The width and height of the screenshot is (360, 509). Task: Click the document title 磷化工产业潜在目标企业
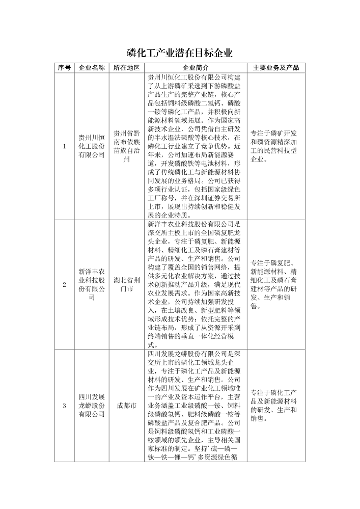point(180,53)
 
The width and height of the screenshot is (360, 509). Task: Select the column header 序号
point(64,68)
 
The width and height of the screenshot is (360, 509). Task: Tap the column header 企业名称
point(92,68)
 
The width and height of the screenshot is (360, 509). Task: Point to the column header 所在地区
point(126,68)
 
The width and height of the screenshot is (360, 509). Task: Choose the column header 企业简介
point(195,68)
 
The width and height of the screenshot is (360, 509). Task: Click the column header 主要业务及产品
point(276,68)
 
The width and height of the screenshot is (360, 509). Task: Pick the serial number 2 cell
point(64,284)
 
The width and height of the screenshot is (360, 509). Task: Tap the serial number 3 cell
point(64,406)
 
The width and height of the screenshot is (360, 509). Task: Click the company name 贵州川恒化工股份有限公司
point(92,147)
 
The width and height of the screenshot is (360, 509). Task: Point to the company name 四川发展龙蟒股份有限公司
point(92,406)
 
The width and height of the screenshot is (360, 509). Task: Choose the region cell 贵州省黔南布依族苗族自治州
point(126,147)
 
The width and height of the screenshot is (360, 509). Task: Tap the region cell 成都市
point(126,406)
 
